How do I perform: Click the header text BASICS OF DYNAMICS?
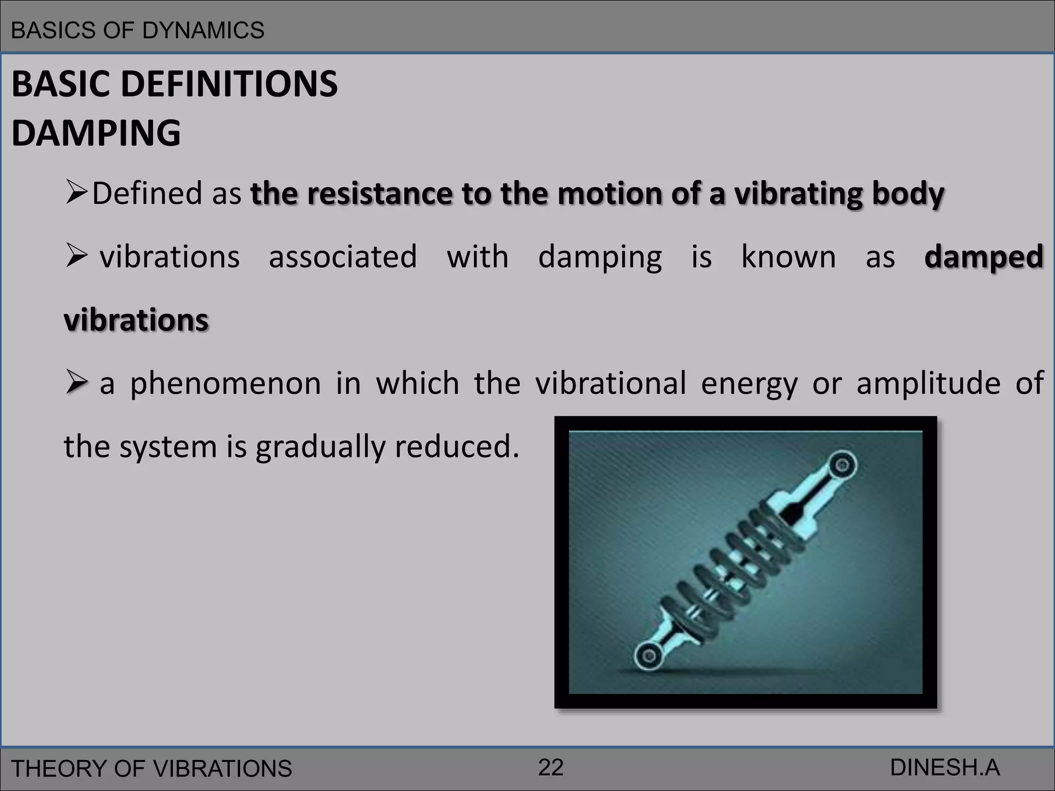tap(138, 30)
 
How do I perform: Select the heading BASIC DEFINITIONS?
tap(175, 84)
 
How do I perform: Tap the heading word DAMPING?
tap(96, 133)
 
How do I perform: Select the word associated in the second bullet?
tap(343, 257)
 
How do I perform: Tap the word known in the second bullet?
tap(788, 256)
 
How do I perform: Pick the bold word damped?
tap(983, 257)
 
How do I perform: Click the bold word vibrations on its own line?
tap(137, 320)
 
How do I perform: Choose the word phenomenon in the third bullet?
tap(225, 384)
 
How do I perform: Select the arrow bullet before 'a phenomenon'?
tap(77, 384)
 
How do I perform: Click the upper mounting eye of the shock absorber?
tap(842, 465)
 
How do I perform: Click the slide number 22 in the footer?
tap(551, 767)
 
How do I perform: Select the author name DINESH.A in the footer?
tap(945, 767)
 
